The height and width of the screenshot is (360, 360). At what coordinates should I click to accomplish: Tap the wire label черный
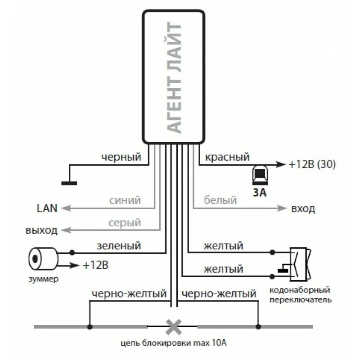point(121,157)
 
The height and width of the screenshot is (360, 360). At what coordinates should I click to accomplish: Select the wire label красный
point(227,157)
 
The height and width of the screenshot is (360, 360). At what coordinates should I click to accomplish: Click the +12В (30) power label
point(313,164)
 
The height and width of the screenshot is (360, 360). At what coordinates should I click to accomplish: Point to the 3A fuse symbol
point(260,175)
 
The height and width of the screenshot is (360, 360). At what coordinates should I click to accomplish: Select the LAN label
point(47,208)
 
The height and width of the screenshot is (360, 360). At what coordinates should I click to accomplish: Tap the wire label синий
point(125,200)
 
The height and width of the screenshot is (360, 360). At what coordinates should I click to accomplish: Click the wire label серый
point(125,223)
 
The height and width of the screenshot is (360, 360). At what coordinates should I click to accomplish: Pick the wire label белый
point(220,200)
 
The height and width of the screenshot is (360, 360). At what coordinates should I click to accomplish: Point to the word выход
point(41,231)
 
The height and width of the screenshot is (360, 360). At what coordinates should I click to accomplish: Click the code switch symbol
point(299,263)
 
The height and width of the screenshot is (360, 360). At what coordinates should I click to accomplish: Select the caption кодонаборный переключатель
point(300,295)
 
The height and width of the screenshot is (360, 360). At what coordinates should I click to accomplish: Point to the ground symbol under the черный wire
point(69,182)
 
